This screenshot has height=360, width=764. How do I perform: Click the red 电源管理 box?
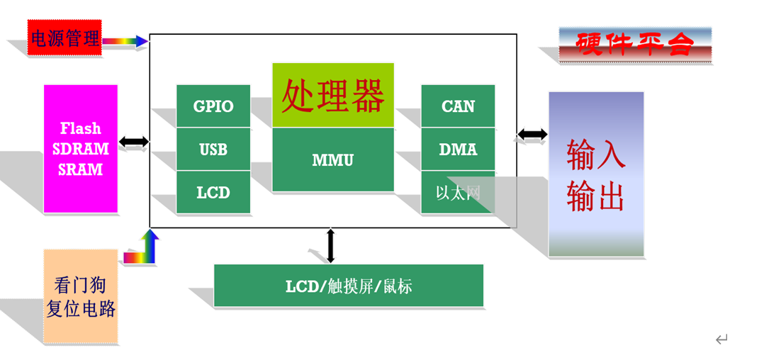click(64, 38)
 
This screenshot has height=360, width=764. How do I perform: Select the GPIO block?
click(213, 106)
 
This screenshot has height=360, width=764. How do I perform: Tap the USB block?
click(213, 150)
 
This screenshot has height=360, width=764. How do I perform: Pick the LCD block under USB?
click(213, 192)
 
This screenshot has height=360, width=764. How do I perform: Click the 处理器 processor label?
click(332, 96)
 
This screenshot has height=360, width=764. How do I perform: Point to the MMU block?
click(332, 160)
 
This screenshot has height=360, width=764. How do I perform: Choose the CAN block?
click(458, 106)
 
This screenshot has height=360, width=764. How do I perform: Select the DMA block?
click(458, 150)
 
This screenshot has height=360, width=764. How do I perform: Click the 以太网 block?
click(458, 192)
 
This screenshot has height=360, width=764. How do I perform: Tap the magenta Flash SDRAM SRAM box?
click(81, 149)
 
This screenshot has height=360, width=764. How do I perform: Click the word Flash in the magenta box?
click(81, 128)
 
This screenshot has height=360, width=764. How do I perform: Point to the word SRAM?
click(81, 170)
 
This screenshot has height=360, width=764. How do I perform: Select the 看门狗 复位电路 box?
click(80, 296)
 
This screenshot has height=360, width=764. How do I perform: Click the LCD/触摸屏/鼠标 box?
click(349, 286)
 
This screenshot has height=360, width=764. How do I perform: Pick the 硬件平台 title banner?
click(634, 44)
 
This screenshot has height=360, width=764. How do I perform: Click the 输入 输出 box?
click(596, 174)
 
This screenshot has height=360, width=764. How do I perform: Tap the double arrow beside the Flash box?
click(134, 142)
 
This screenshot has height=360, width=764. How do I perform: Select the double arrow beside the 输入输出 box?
click(532, 134)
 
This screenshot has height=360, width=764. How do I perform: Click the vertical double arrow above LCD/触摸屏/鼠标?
click(330, 245)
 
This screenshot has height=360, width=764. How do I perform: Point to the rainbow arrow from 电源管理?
click(125, 41)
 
